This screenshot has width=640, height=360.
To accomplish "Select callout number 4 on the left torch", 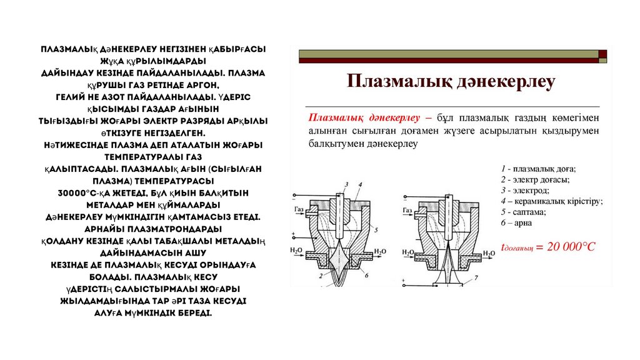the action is coord(361,183).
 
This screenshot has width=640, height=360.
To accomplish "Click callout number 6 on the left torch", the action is coord(366,274).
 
